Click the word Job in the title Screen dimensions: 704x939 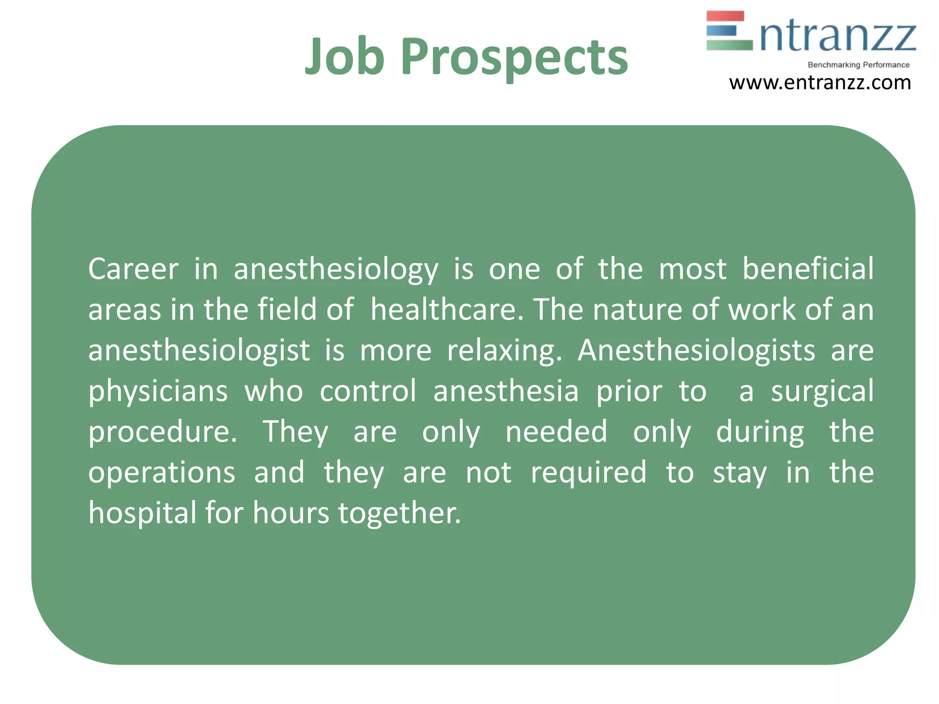(x=344, y=56)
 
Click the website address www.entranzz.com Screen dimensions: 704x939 (x=820, y=83)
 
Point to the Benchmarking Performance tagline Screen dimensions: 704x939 (x=858, y=65)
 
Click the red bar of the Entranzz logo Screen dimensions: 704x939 (x=725, y=16)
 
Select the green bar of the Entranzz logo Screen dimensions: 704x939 (x=729, y=45)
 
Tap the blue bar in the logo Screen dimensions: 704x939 (x=722, y=30)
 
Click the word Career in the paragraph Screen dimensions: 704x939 (x=133, y=269)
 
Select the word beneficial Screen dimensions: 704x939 (x=808, y=269)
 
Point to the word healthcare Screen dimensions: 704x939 (x=447, y=309)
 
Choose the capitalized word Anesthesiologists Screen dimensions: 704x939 (x=696, y=351)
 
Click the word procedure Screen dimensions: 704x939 (x=162, y=433)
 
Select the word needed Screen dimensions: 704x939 (x=556, y=432)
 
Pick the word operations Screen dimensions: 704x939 (x=161, y=473)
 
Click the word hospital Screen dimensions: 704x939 (x=142, y=513)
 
